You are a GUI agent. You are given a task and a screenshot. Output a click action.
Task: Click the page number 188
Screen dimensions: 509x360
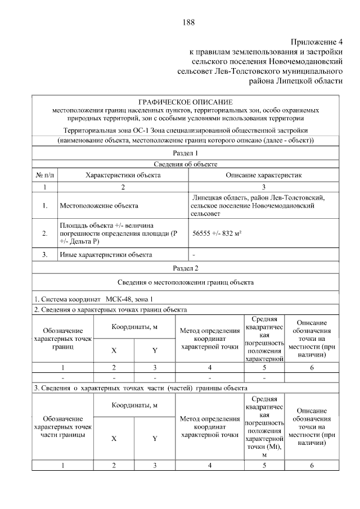[x=188, y=22]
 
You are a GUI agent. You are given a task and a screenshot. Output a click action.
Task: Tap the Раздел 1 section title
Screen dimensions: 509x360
[x=185, y=153]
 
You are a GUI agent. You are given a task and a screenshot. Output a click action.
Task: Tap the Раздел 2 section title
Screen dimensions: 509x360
[x=185, y=268]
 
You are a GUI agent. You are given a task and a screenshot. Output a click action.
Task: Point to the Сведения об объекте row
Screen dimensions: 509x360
[x=185, y=164]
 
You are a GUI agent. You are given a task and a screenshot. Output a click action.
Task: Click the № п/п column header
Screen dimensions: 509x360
[x=44, y=175]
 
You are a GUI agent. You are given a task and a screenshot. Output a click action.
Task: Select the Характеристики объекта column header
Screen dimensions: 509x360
[x=123, y=175]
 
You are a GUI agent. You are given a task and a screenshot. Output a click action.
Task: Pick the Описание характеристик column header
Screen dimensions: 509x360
[x=264, y=175]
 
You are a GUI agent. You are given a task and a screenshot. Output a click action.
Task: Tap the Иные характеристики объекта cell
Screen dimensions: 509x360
[x=106, y=255]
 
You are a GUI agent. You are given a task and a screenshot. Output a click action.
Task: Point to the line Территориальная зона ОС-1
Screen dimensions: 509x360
[x=185, y=130]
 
